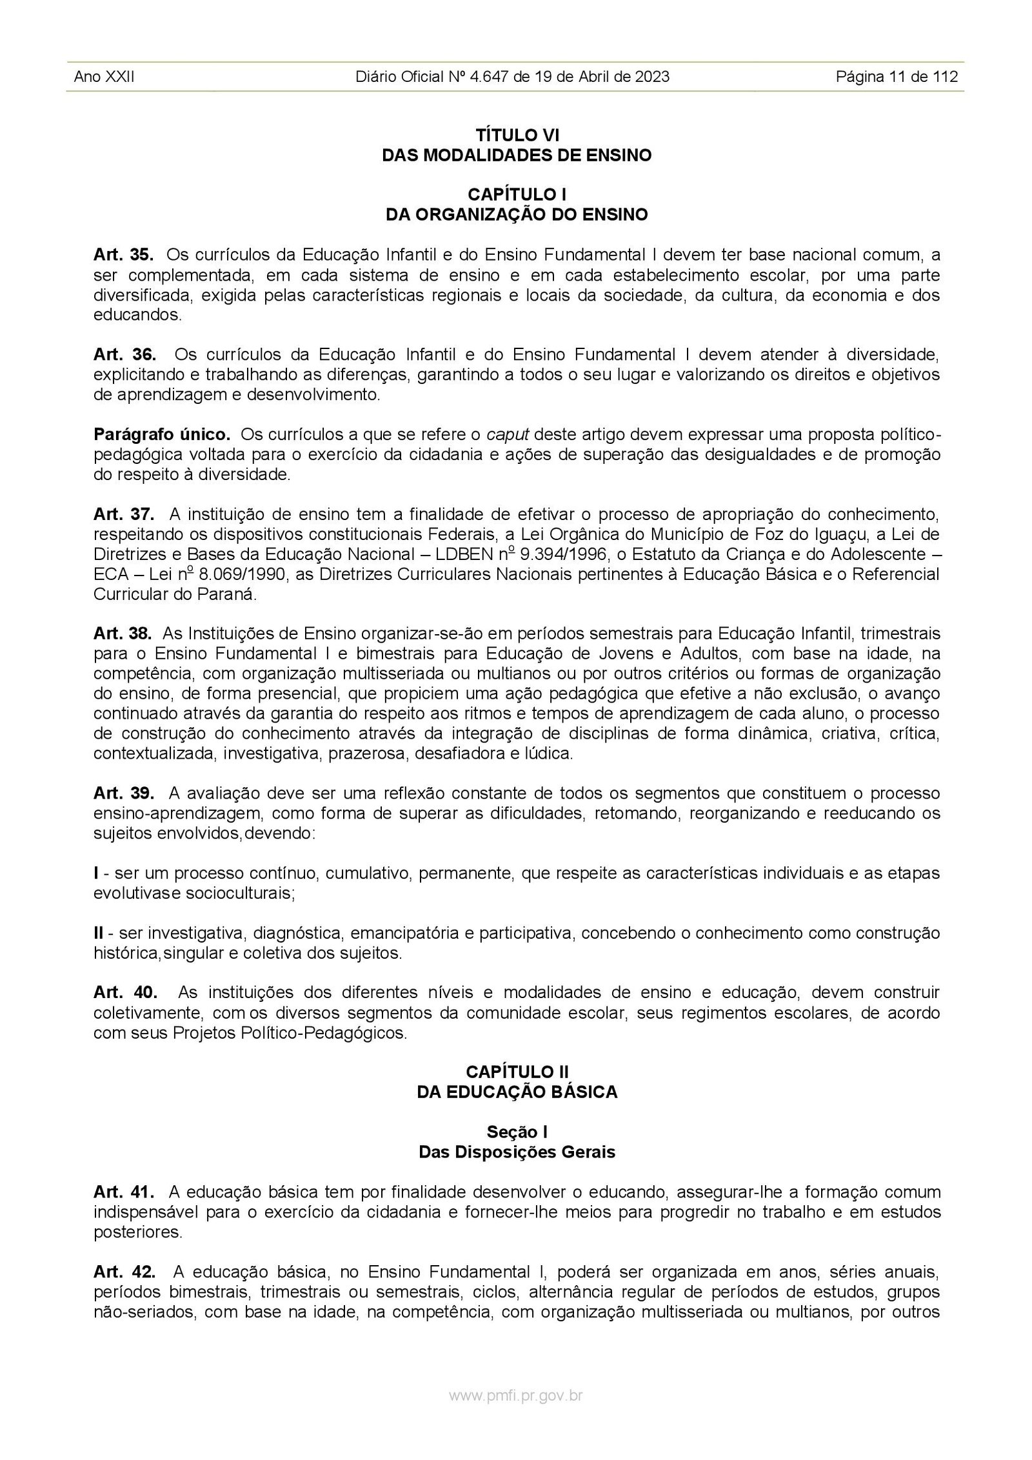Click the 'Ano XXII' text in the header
coord(104,77)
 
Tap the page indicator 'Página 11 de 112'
coord(897,77)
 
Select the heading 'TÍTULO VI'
coord(517,135)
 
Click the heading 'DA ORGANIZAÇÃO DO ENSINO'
coord(517,215)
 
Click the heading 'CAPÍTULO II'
coord(517,1072)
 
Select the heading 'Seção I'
coord(517,1131)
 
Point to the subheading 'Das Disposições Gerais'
coord(517,1152)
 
